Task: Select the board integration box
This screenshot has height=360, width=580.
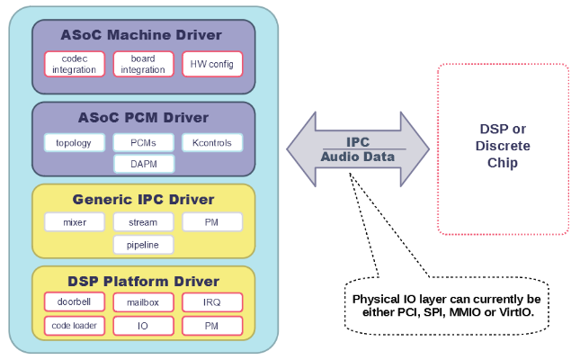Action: (x=143, y=65)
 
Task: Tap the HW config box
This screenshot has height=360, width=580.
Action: (x=212, y=65)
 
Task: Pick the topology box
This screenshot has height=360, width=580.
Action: (x=75, y=143)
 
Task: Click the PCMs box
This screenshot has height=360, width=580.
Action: (x=143, y=143)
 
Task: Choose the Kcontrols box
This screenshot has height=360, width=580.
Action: (x=212, y=143)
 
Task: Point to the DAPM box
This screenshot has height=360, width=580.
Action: (x=143, y=164)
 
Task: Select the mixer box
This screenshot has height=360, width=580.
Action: (x=75, y=222)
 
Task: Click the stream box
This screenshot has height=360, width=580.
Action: (x=143, y=222)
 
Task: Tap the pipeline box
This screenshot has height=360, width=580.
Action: (x=143, y=244)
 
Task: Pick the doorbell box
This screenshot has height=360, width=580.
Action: (x=75, y=302)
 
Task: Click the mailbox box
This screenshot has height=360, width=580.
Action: (x=143, y=302)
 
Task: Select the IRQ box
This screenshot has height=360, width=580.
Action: (x=212, y=302)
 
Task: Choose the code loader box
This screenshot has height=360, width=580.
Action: (x=75, y=325)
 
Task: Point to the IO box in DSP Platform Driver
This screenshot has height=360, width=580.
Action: (x=143, y=325)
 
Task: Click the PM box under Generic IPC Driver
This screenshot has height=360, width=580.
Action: (x=212, y=222)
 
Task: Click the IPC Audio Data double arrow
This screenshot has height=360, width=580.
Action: (x=358, y=149)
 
